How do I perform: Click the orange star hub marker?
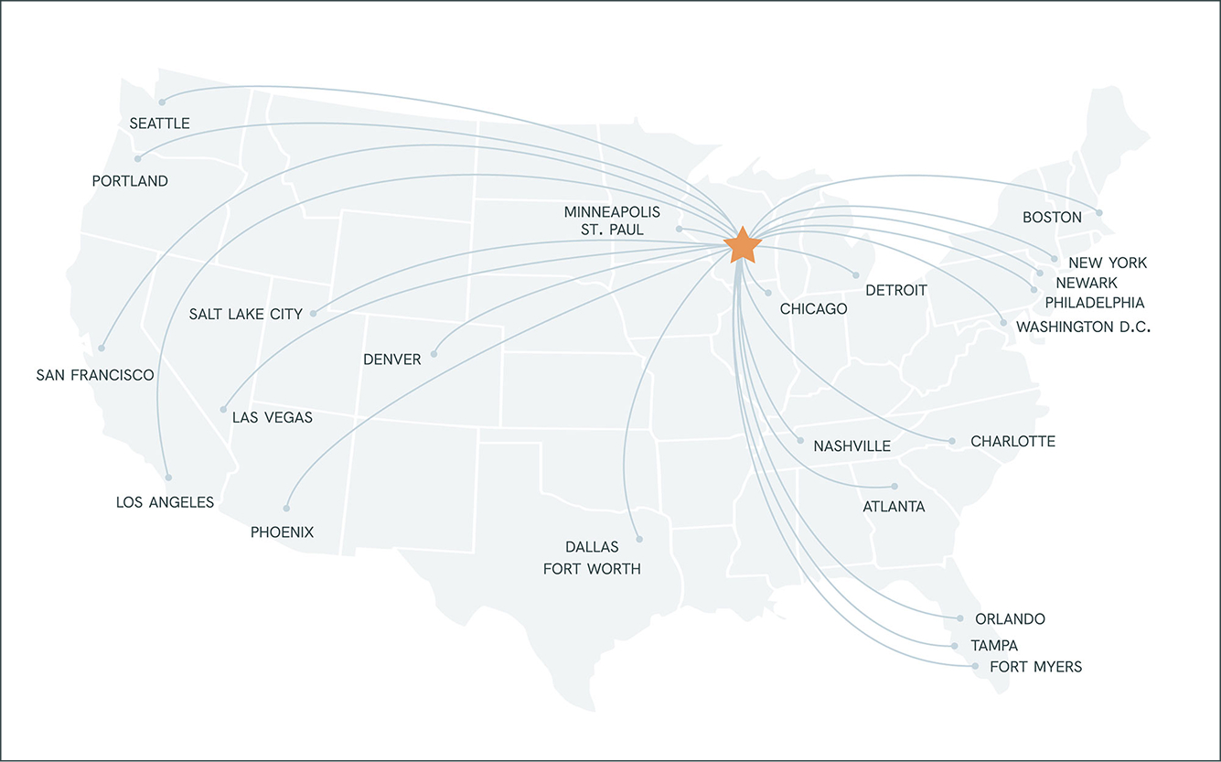pyautogui.click(x=742, y=245)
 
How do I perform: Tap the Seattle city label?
pyautogui.click(x=159, y=123)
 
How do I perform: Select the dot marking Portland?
pyautogui.click(x=138, y=159)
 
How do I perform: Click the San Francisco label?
pyautogui.click(x=95, y=375)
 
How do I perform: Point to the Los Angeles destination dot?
pyautogui.click(x=168, y=477)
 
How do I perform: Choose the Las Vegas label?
pyautogui.click(x=273, y=418)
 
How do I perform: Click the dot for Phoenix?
pyautogui.click(x=286, y=508)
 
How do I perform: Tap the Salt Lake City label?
pyautogui.click(x=246, y=315)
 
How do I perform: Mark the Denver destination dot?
pyautogui.click(x=434, y=353)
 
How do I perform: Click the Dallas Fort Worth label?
pyautogui.click(x=592, y=558)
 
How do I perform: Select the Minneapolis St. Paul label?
pyautogui.click(x=612, y=221)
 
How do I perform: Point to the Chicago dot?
pyautogui.click(x=767, y=293)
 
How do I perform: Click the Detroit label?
pyautogui.click(x=896, y=291)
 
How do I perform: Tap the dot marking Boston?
pyautogui.click(x=1099, y=213)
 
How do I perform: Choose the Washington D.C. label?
pyautogui.click(x=1083, y=327)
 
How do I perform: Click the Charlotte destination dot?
pyautogui.click(x=952, y=442)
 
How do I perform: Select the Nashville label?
pyautogui.click(x=851, y=446)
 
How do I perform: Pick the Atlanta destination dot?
pyautogui.click(x=894, y=487)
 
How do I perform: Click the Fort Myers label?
pyautogui.click(x=1035, y=667)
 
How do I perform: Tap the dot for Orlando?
pyautogui.click(x=959, y=618)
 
